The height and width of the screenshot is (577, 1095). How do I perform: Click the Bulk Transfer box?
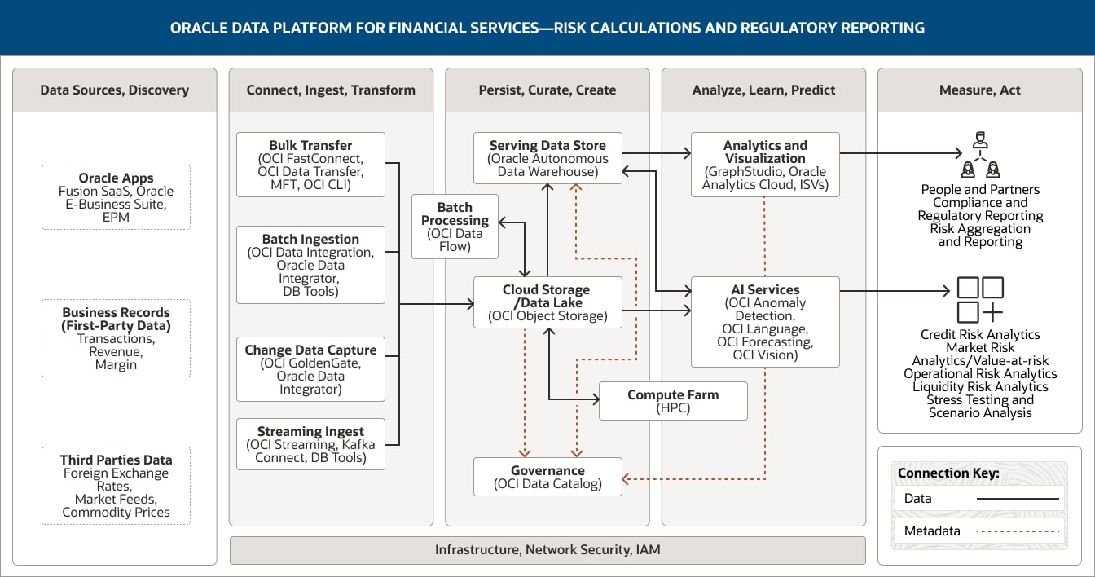310,165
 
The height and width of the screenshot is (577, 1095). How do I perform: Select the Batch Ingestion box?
310,265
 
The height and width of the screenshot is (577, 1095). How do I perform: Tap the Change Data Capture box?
310,369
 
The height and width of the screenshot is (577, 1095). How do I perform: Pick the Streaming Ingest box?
310,444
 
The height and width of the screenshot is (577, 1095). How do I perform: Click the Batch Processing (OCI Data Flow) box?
455,227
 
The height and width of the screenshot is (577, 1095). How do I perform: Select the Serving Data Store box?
547,158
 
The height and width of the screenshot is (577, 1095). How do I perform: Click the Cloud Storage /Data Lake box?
547,302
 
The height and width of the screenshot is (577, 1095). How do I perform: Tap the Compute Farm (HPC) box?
673,401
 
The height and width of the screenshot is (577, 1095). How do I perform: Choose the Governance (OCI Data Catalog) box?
547,477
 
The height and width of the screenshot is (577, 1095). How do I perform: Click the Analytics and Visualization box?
765,165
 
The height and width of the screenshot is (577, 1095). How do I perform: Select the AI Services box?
765,322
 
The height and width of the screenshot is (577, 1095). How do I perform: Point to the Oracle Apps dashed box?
116,197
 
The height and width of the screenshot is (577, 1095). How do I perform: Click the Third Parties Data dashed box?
116,486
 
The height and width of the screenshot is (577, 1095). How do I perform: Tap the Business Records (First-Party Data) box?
116,338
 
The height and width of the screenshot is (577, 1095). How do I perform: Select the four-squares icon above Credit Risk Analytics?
980,300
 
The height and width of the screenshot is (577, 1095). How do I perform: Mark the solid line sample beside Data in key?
1018,499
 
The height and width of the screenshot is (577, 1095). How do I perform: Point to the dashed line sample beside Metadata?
1018,531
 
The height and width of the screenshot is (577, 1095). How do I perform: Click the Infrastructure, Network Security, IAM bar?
547,550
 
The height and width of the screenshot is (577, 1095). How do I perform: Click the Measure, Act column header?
980,90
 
